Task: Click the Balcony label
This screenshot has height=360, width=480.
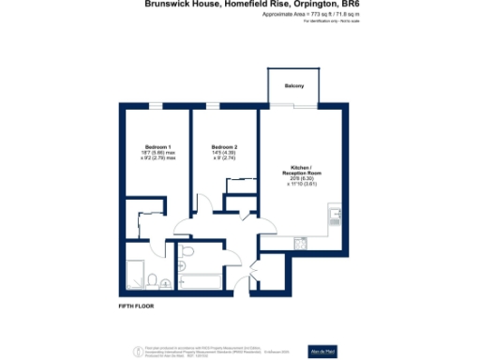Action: [x=295, y=86]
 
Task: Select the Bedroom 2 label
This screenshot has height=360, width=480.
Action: [x=224, y=147]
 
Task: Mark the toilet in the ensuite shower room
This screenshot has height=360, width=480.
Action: [x=167, y=281]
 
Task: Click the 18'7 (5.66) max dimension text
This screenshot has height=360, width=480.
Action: [x=157, y=154]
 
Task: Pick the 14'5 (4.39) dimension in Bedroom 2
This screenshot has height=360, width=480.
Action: [x=224, y=154]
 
